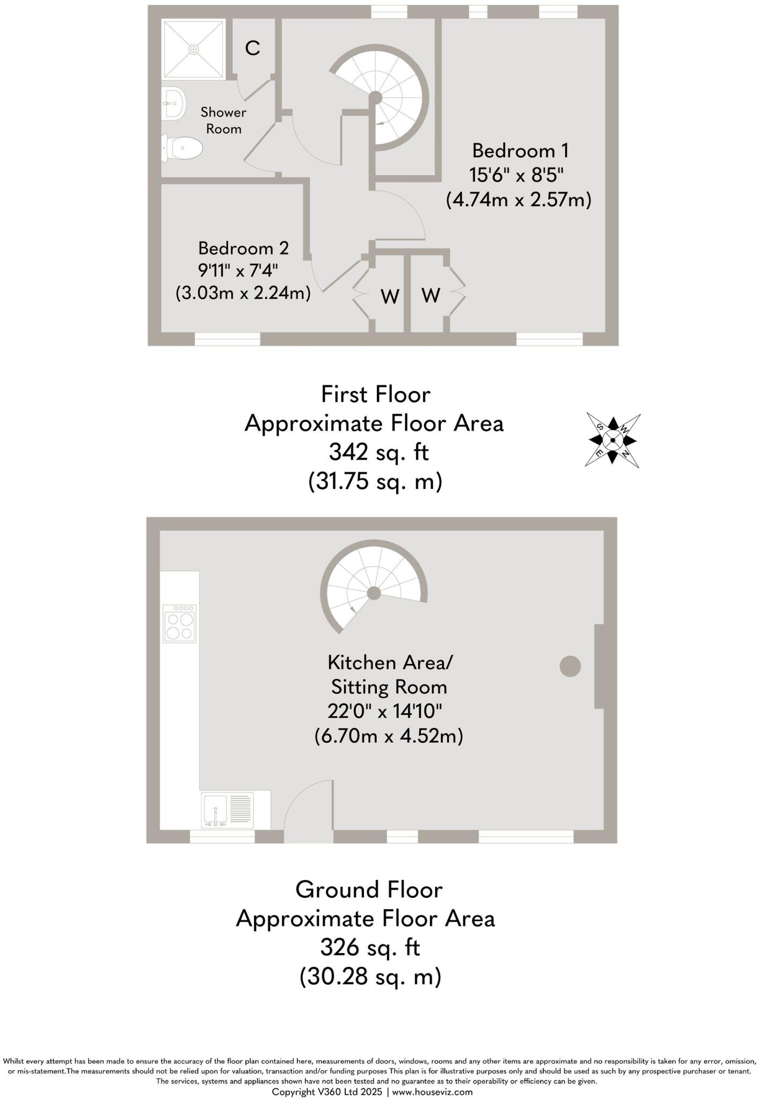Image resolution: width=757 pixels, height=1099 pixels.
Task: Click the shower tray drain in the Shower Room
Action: tap(193, 49)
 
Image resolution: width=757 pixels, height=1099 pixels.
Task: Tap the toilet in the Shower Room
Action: tap(183, 148)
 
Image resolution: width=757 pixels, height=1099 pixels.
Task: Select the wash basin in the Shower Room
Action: tap(173, 102)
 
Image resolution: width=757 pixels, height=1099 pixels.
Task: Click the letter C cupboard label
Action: tap(252, 48)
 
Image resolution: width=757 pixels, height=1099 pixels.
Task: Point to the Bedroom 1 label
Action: tap(520, 151)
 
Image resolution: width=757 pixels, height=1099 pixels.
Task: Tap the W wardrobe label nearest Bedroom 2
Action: tap(390, 296)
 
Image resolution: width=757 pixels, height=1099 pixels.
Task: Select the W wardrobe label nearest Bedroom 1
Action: tap(431, 295)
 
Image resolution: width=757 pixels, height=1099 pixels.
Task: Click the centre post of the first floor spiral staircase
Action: tap(375, 98)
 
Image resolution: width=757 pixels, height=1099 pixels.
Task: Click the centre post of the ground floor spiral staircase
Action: tap(374, 593)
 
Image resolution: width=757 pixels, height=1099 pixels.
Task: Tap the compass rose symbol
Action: tap(613, 440)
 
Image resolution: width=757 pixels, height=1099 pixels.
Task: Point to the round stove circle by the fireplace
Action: tap(570, 666)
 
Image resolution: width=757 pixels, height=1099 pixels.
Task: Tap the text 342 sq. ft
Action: tap(379, 452)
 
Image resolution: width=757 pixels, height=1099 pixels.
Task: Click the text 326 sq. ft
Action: tap(370, 947)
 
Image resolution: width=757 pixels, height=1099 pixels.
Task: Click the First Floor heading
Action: tap(375, 394)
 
